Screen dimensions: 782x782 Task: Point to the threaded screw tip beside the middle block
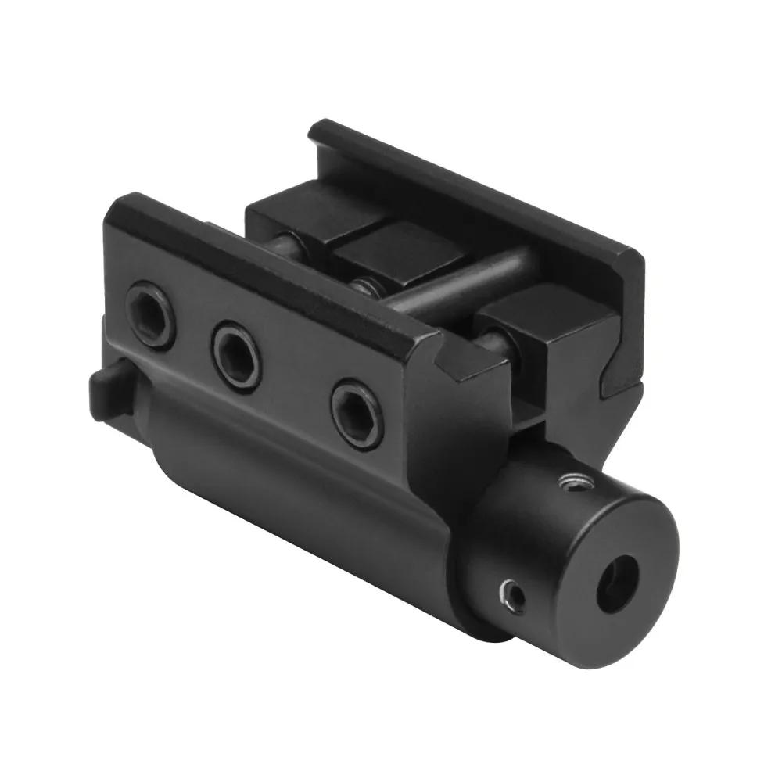point(361,285)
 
